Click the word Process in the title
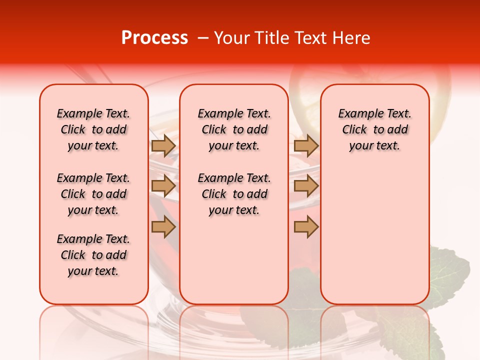pyautogui.click(x=154, y=38)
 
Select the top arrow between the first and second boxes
pyautogui.click(x=163, y=146)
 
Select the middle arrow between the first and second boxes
pyautogui.click(x=163, y=186)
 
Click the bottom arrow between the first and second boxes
pyautogui.click(x=163, y=227)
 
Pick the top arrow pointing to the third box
pyautogui.click(x=306, y=146)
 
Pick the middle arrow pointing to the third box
pyautogui.click(x=306, y=186)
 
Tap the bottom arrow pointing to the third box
pyautogui.click(x=306, y=227)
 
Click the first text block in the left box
pyautogui.click(x=93, y=129)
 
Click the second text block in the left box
pyautogui.click(x=93, y=194)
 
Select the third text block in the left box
pyautogui.click(x=93, y=255)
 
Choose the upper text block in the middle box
pyautogui.click(x=234, y=129)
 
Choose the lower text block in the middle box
pyautogui.click(x=234, y=194)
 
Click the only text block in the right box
pyautogui.click(x=374, y=129)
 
